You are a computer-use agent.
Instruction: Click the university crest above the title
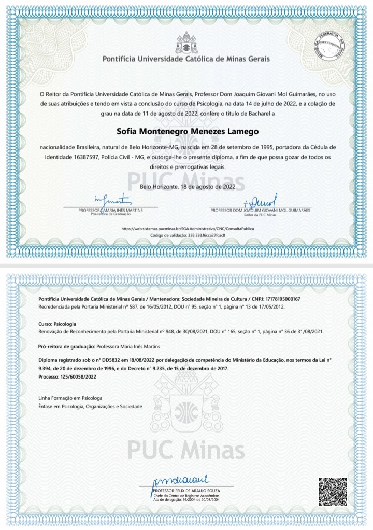coord(186,42)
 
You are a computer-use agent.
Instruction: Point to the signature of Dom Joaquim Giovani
coord(261,200)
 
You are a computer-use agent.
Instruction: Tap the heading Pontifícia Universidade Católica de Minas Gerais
coord(187,59)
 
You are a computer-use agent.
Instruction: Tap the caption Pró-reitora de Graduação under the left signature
coord(111,214)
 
